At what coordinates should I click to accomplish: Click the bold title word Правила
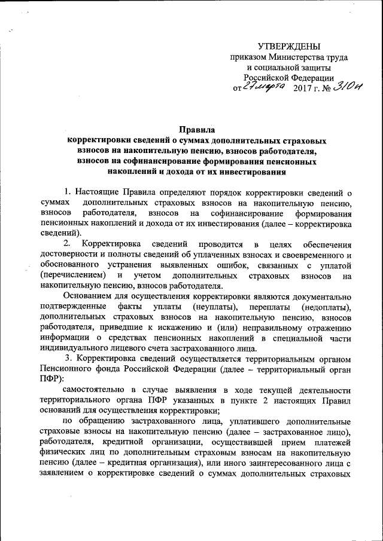[x=197, y=129]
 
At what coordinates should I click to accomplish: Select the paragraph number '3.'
[x=69, y=359]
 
